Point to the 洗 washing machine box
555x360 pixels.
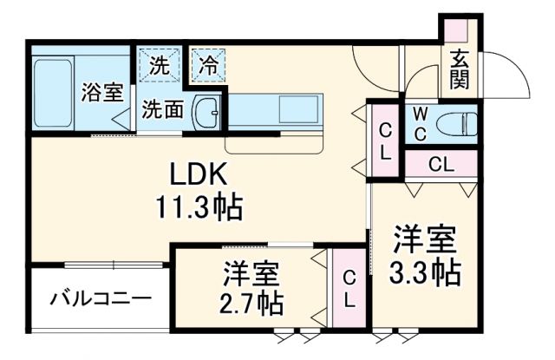159,64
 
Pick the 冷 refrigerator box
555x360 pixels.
207,64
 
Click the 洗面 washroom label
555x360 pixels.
162,110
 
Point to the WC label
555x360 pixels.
420,121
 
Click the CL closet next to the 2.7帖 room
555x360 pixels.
349,288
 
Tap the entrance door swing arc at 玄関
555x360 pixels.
512,78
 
